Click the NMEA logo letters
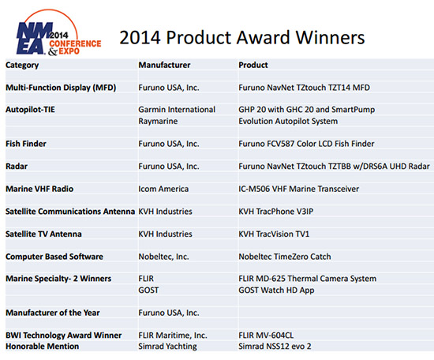[33, 38]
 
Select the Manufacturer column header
[164, 65]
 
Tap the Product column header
[253, 65]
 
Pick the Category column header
[22, 66]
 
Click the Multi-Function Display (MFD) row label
[61, 88]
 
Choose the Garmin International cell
[177, 110]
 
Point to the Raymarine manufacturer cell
[158, 122]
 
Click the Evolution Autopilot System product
[288, 122]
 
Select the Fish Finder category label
[26, 144]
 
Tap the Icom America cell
[163, 189]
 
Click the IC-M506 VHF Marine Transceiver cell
[298, 189]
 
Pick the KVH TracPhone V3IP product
[276, 212]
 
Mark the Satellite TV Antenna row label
[43, 234]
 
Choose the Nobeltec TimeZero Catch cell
[285, 257]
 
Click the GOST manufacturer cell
[148, 291]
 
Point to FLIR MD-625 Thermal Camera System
[308, 279]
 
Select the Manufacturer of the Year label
[53, 313]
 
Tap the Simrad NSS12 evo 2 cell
[275, 347]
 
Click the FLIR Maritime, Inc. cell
[173, 336]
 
